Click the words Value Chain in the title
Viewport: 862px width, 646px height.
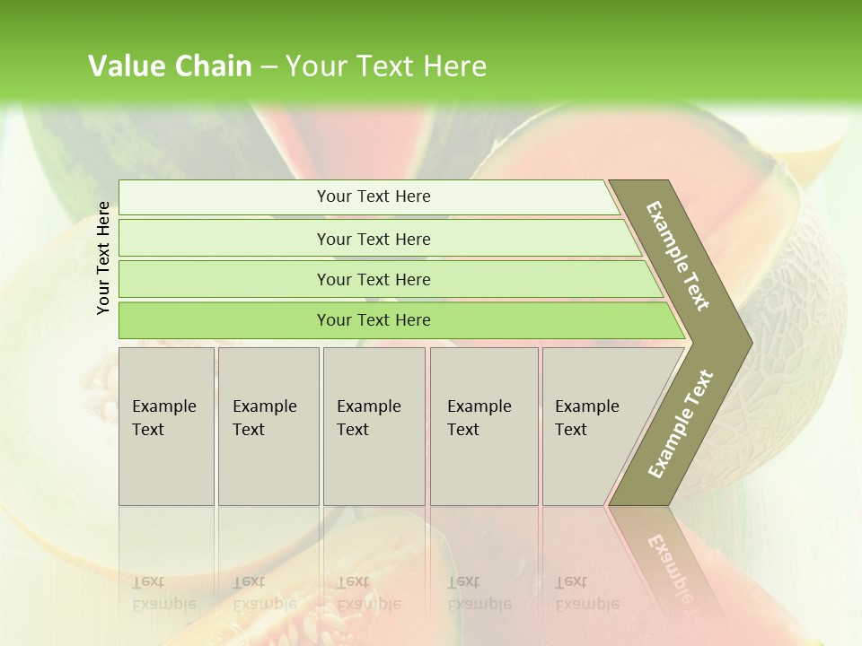pos(170,66)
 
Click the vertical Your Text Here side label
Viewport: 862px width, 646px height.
pos(103,258)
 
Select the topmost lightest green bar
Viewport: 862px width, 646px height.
pos(373,196)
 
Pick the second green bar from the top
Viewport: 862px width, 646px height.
pos(373,239)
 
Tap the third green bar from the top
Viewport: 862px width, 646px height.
pos(373,279)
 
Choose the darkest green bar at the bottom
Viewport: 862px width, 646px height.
pos(373,320)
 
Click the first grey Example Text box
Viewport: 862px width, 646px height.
pos(166,426)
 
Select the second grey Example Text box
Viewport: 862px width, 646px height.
pos(268,426)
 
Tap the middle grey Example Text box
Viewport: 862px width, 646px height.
pos(374,426)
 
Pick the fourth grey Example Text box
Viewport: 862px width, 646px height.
pos(483,426)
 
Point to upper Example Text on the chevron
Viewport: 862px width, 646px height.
pos(678,256)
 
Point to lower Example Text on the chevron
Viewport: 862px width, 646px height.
pos(680,424)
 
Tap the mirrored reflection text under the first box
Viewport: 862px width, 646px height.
pos(163,593)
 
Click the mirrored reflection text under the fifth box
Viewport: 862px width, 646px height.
pos(586,593)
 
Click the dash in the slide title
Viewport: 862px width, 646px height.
pos(268,67)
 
